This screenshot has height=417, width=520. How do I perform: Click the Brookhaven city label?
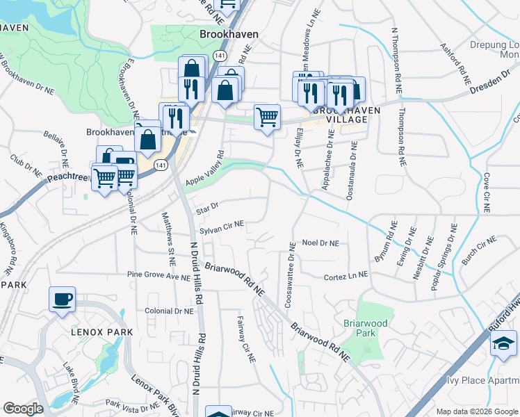(229, 33)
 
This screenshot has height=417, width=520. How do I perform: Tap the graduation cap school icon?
(503, 343)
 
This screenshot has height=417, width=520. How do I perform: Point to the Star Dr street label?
(208, 206)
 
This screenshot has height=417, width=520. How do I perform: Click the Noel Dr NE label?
(320, 243)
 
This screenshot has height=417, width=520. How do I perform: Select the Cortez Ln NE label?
(346, 277)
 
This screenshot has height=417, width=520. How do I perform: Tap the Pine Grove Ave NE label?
(159, 277)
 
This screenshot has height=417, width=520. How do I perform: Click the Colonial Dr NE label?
(169, 311)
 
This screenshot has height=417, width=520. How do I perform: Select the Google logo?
(23, 409)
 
